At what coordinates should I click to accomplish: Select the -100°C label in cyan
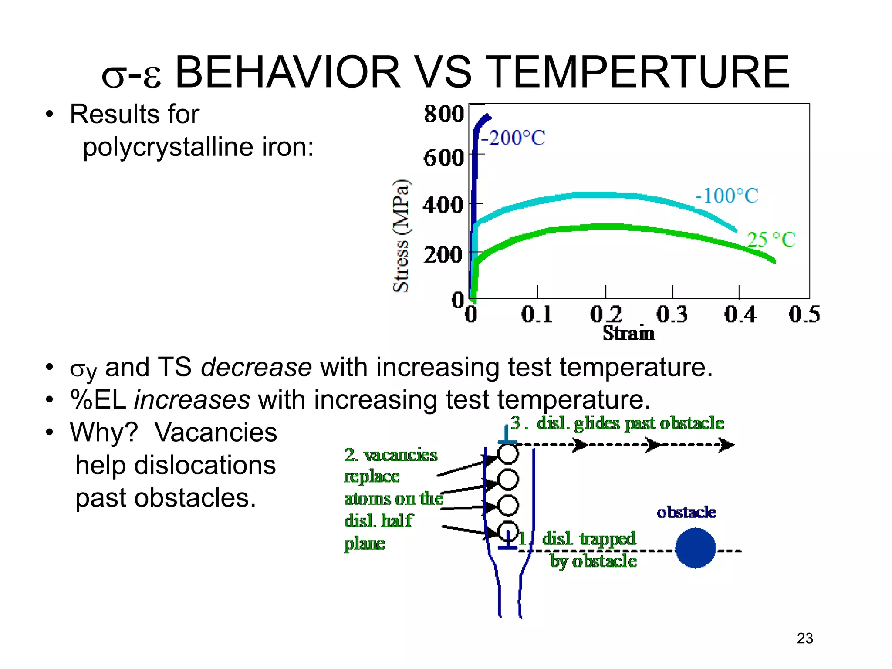726,196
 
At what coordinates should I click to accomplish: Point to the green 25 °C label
771,240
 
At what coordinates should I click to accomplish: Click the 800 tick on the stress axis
444,114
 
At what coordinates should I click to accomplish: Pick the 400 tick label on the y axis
443,205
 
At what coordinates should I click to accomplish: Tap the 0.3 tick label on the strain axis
672,314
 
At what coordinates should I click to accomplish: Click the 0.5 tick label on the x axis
804,314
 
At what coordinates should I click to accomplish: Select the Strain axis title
628,334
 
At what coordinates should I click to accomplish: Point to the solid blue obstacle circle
695,548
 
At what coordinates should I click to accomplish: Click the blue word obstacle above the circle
686,512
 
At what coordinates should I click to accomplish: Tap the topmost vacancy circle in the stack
508,453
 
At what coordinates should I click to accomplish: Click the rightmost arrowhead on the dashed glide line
726,445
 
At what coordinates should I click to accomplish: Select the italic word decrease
256,367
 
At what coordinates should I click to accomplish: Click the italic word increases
192,400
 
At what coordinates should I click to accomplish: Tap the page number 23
804,638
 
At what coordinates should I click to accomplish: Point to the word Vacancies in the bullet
216,432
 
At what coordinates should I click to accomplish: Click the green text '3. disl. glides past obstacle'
617,423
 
